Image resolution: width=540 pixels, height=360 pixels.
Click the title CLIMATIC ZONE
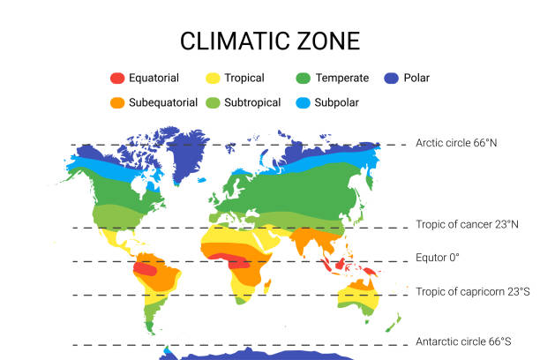click(x=270, y=41)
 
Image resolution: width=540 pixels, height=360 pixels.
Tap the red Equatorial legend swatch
click(x=117, y=78)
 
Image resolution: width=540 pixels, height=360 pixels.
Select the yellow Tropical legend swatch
click(x=213, y=78)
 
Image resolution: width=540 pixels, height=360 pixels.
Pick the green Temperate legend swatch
click(x=304, y=78)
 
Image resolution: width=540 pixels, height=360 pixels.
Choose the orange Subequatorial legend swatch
click(x=117, y=102)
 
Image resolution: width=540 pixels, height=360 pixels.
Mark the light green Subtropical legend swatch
click(x=213, y=102)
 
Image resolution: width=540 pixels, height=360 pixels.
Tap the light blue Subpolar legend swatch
click(x=304, y=102)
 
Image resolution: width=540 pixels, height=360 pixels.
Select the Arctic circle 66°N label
click(x=462, y=143)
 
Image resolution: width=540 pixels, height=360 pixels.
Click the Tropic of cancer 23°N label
click(x=466, y=225)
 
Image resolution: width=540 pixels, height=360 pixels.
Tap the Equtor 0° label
click(x=438, y=258)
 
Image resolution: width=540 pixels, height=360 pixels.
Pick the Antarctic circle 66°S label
click(x=464, y=341)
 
